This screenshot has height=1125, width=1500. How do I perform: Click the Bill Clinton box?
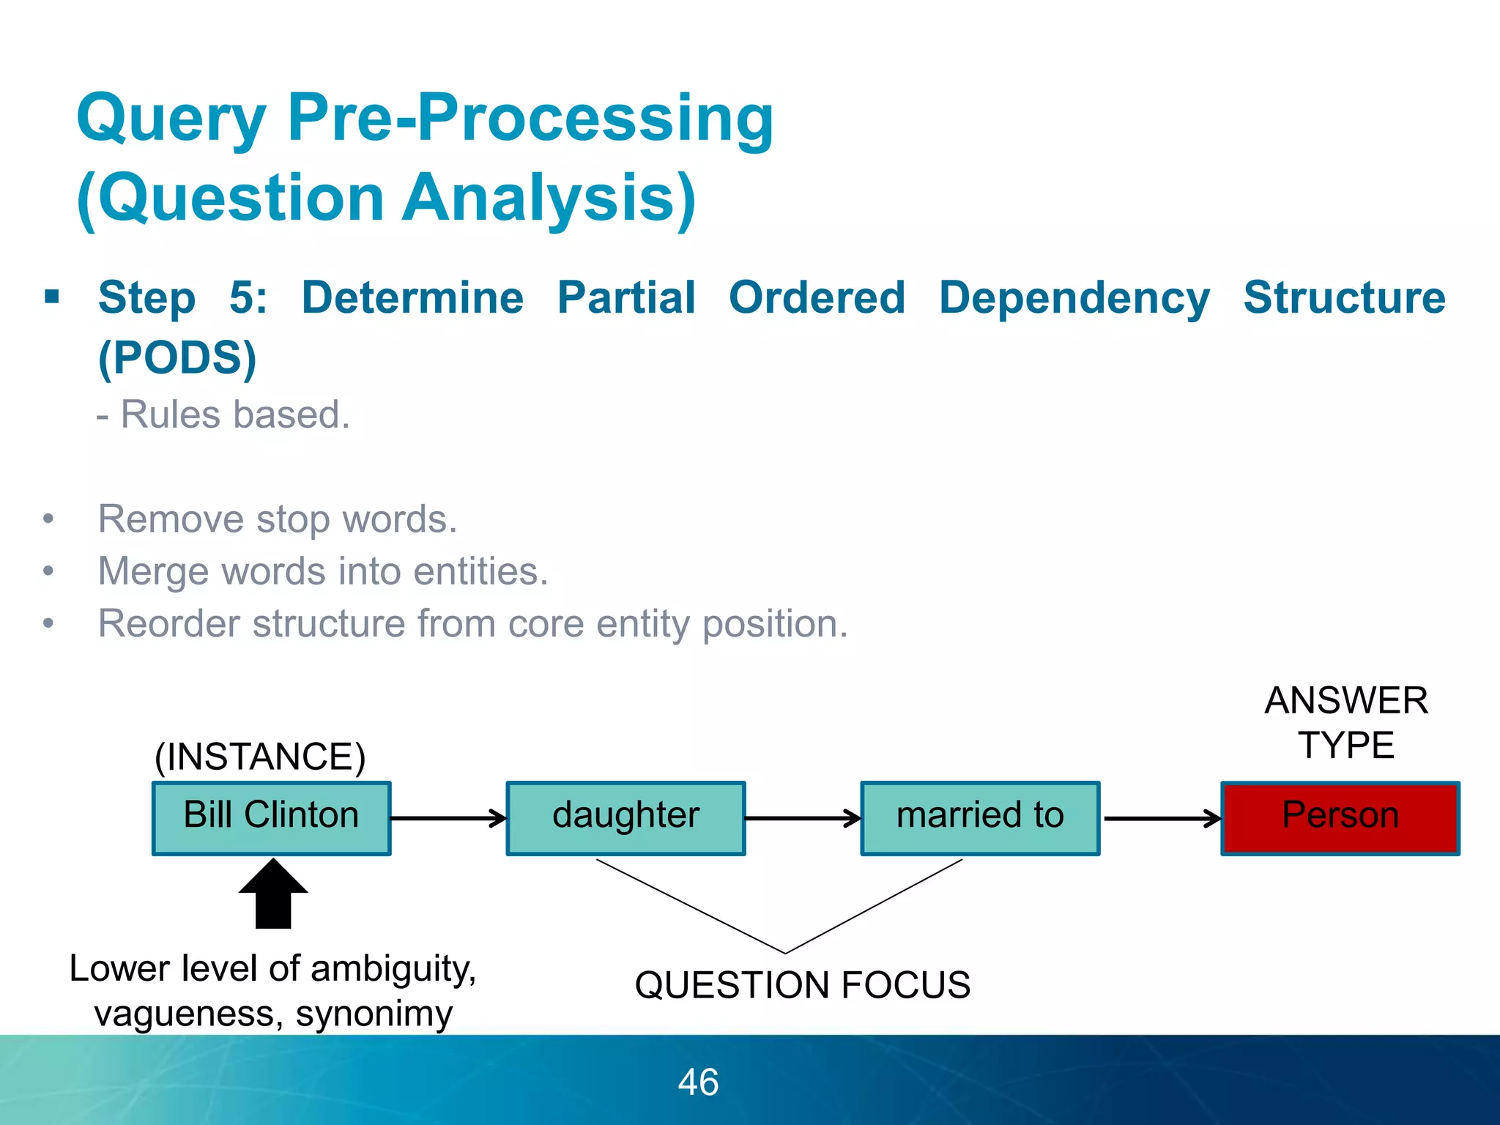pyautogui.click(x=271, y=818)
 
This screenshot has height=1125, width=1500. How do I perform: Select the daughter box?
pyautogui.click(x=625, y=818)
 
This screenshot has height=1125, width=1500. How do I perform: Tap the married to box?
pyautogui.click(x=980, y=818)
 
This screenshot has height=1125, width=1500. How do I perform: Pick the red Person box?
pyautogui.click(x=1340, y=818)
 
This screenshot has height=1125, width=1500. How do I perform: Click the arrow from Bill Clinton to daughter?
pyautogui.click(x=448, y=818)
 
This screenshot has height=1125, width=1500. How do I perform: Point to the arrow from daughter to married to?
pyautogui.click(x=803, y=818)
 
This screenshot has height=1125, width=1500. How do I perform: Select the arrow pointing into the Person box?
pyautogui.click(x=1162, y=818)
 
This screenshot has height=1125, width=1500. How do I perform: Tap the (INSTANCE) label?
pyautogui.click(x=260, y=757)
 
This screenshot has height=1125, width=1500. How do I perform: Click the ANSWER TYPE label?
pyautogui.click(x=1346, y=723)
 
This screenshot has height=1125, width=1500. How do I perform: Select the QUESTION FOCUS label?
pyautogui.click(x=802, y=984)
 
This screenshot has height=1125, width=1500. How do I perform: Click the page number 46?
pyautogui.click(x=698, y=1082)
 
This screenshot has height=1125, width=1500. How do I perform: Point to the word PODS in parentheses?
pyautogui.click(x=177, y=357)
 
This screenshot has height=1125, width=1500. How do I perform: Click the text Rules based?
pyautogui.click(x=234, y=415)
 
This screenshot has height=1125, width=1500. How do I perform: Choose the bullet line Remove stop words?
pyautogui.click(x=278, y=519)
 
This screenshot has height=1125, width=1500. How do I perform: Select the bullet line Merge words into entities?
pyautogui.click(x=323, y=571)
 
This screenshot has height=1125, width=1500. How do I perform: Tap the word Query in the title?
pyautogui.click(x=171, y=119)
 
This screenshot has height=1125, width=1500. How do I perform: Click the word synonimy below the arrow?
pyautogui.click(x=374, y=1014)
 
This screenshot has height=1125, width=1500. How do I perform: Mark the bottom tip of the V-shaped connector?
pyautogui.click(x=785, y=953)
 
